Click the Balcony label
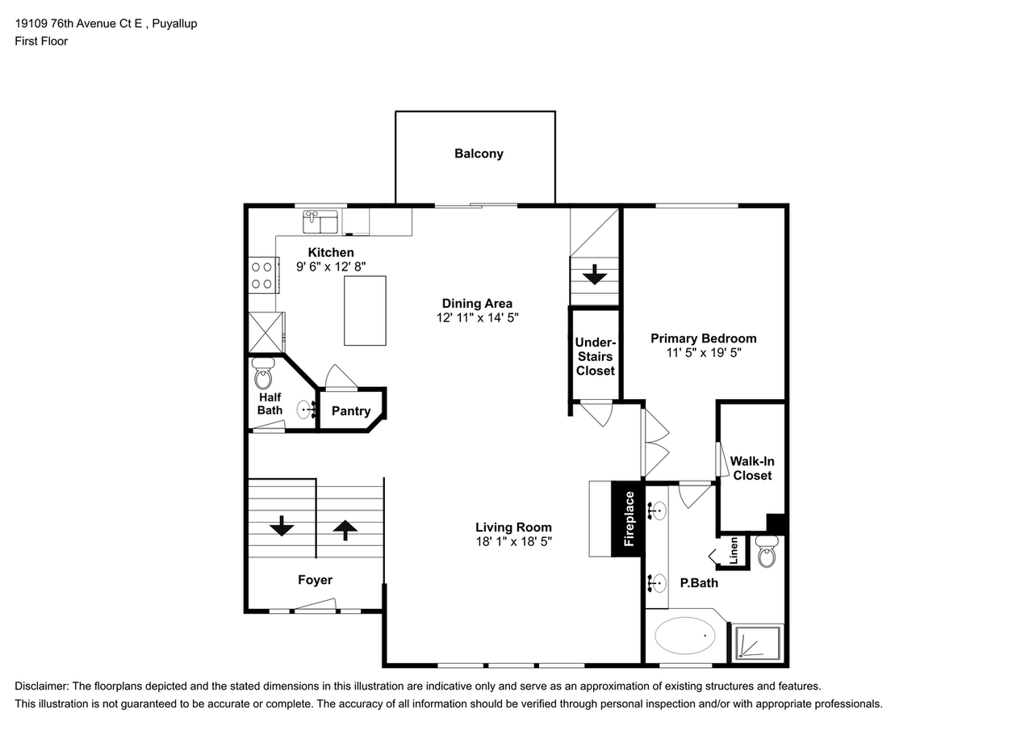(x=479, y=153)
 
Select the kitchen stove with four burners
(x=261, y=274)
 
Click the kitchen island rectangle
(x=365, y=311)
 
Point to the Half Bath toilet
(x=264, y=374)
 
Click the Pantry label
(x=351, y=411)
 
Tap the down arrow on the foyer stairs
(x=281, y=527)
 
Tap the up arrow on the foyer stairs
(x=345, y=530)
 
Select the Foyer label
(x=315, y=579)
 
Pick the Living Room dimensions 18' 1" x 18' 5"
(x=513, y=542)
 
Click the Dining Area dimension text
(x=477, y=318)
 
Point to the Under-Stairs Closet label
(x=595, y=356)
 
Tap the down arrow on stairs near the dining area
(x=595, y=275)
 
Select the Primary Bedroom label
(x=703, y=338)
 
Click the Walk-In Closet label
(x=752, y=468)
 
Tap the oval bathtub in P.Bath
(x=685, y=636)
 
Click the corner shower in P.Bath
(x=757, y=644)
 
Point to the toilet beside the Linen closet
(x=767, y=554)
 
